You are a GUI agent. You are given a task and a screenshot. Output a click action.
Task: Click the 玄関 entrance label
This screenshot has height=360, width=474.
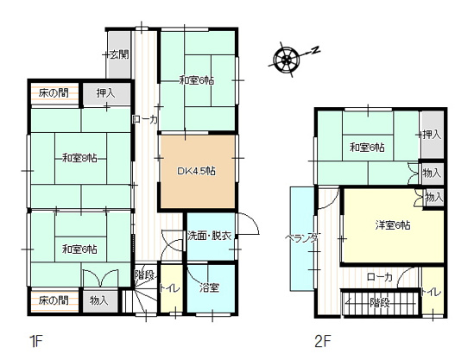pyautogui.click(x=119, y=54)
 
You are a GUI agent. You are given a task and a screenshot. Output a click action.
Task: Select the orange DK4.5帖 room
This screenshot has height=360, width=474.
pyautogui.click(x=197, y=171)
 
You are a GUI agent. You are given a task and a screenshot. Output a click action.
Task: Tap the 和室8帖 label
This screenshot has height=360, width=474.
pyautogui.click(x=79, y=157)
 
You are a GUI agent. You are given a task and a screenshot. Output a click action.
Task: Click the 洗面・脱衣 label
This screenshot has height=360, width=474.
pyautogui.click(x=209, y=236)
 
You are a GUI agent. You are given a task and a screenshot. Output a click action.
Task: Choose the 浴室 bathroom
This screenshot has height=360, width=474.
pyautogui.click(x=210, y=287)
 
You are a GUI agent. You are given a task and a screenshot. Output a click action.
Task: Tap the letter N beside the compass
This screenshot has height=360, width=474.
pyautogui.click(x=315, y=49)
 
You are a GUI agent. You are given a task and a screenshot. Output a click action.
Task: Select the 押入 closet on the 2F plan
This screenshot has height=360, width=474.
pyautogui.click(x=432, y=135)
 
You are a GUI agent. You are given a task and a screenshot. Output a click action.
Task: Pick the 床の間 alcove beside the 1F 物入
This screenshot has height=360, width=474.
pyautogui.click(x=53, y=300)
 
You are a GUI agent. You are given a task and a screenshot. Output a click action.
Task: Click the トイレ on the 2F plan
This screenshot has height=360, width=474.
pyautogui.click(x=432, y=292)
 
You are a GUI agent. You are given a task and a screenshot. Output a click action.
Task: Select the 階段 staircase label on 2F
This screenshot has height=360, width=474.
pyautogui.click(x=378, y=303)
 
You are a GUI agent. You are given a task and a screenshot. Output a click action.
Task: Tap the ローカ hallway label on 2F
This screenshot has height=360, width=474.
pyautogui.click(x=379, y=277)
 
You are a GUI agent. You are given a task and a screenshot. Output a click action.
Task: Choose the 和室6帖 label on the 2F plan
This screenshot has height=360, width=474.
pyautogui.click(x=367, y=148)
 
